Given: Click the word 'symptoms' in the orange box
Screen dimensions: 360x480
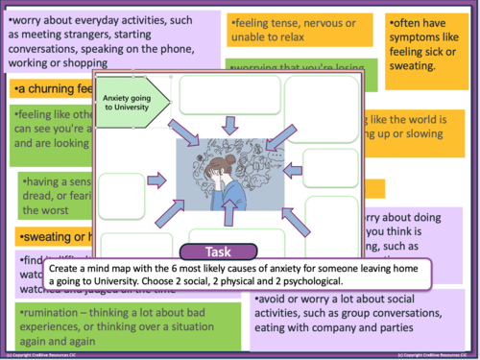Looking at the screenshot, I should [423, 50].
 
